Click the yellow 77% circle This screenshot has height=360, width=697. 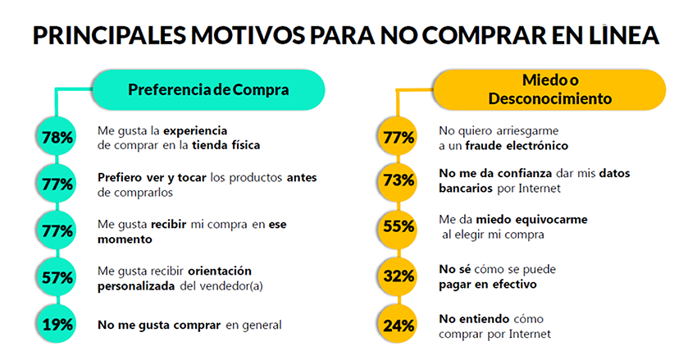tap(399, 137)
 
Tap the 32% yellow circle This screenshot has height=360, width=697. tap(399, 276)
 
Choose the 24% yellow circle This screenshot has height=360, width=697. tap(399, 324)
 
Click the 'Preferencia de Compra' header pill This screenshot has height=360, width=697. tap(208, 89)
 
